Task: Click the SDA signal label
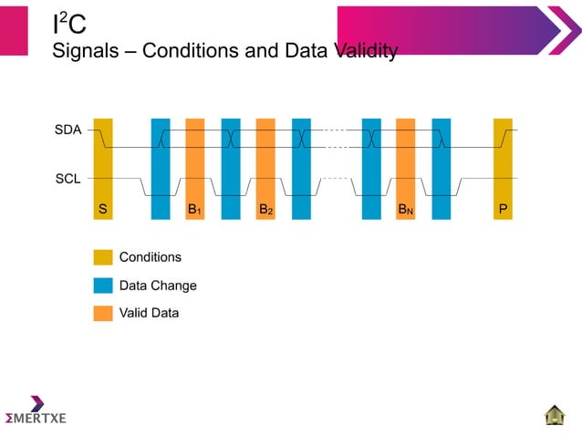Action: click(x=68, y=130)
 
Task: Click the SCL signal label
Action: click(x=68, y=179)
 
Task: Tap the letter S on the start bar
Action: click(x=103, y=210)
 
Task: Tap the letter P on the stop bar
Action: click(x=503, y=210)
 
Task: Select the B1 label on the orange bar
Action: click(x=194, y=210)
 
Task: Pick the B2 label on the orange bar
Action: click(x=265, y=210)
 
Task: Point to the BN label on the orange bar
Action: click(x=405, y=210)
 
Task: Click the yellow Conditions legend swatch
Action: click(x=103, y=257)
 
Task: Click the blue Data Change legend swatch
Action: click(x=103, y=285)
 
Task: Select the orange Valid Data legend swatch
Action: click(x=103, y=313)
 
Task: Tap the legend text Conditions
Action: click(x=151, y=257)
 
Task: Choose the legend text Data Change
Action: click(x=158, y=285)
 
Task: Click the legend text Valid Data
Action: click(x=149, y=313)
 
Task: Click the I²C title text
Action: click(x=69, y=24)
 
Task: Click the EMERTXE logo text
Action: click(x=36, y=418)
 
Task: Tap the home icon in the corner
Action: click(x=555, y=415)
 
